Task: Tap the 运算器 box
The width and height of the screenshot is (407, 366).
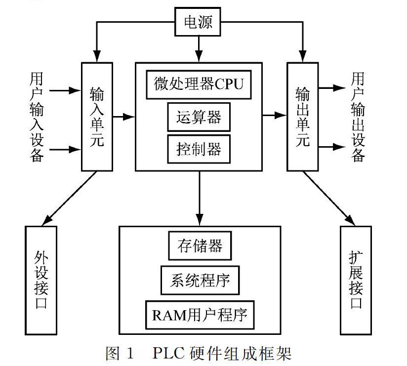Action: point(199,117)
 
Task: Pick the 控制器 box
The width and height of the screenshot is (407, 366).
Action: point(199,149)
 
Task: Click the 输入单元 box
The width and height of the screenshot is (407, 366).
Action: point(97,117)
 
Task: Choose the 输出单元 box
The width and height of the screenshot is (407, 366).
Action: point(302,117)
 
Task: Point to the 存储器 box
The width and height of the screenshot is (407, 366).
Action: point(199,245)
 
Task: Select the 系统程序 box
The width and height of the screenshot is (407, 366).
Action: point(199,280)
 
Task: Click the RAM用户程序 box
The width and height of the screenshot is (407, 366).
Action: point(199,315)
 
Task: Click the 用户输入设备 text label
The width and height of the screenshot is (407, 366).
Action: point(37,117)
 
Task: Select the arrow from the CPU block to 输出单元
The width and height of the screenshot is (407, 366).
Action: point(275,116)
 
